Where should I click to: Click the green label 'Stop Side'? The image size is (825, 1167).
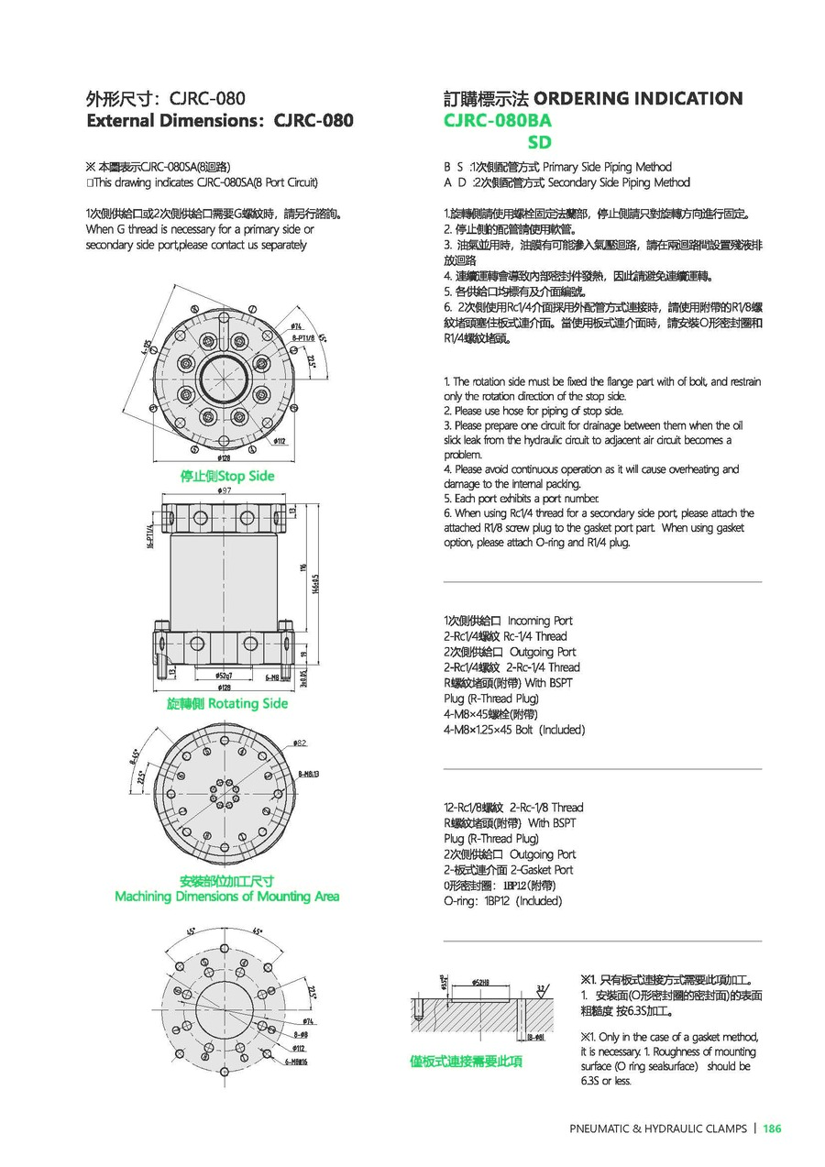pyautogui.click(x=227, y=476)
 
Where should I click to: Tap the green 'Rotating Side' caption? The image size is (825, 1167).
pyautogui.click(x=227, y=703)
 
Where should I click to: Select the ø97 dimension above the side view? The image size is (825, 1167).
pyautogui.click(x=223, y=492)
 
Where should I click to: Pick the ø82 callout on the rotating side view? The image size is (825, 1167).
pyautogui.click(x=300, y=742)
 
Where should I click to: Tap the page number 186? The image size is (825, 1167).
pyautogui.click(x=771, y=1128)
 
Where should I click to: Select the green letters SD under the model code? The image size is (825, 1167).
pyautogui.click(x=540, y=142)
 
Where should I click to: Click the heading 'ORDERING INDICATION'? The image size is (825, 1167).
pyautogui.click(x=638, y=98)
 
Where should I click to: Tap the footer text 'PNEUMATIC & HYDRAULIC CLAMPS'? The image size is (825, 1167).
pyautogui.click(x=658, y=1128)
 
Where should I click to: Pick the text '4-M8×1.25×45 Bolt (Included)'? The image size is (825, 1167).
pyautogui.click(x=513, y=729)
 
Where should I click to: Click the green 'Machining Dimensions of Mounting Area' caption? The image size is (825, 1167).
pyautogui.click(x=227, y=896)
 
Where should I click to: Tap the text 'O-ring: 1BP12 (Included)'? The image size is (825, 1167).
pyautogui.click(x=502, y=900)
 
